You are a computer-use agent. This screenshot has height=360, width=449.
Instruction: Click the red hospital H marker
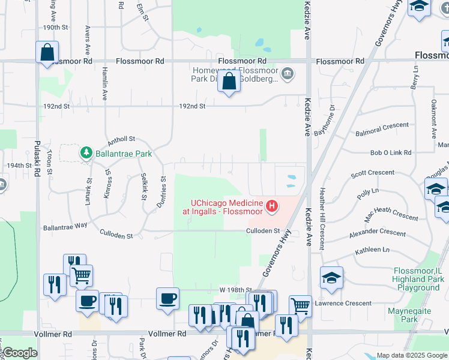272,207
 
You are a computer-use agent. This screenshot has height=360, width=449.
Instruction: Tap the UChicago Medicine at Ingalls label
224,207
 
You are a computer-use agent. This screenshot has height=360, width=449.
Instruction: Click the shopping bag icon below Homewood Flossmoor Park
229,82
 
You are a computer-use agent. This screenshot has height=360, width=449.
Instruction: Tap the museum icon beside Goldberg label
288,74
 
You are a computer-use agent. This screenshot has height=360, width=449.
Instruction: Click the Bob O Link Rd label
391,154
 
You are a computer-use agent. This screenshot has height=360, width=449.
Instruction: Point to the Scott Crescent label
372,173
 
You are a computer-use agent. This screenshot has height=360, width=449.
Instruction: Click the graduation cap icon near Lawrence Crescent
331,278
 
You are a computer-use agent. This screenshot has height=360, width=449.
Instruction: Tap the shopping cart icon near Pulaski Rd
81,275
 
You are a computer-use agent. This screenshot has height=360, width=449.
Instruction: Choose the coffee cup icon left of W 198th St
167,298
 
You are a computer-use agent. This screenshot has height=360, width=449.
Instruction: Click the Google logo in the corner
20,353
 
